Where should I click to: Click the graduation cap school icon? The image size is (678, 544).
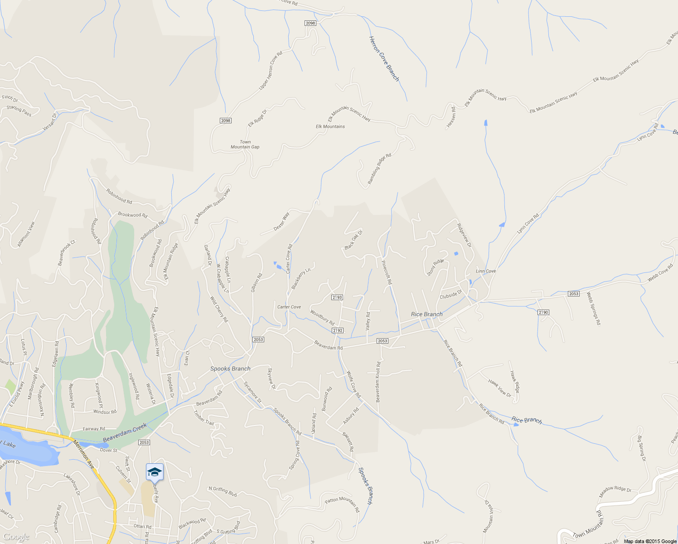point(155,472)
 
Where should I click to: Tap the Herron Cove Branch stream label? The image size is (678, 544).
point(384,59)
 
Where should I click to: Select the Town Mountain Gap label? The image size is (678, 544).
point(245,145)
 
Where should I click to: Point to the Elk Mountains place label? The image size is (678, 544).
point(330,126)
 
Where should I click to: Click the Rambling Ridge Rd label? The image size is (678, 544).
point(379,169)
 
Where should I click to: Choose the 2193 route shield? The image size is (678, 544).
point(337,297)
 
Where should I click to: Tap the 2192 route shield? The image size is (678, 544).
point(338,330)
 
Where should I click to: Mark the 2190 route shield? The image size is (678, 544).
point(543,312)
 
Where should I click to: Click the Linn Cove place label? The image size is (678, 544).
point(486,271)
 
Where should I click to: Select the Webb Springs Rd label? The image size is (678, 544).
point(593,308)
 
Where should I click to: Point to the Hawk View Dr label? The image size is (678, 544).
point(500,389)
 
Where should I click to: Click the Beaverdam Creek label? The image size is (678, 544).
point(125,433)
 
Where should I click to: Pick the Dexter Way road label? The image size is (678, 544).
point(281,222)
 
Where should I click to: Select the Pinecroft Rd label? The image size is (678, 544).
point(386,272)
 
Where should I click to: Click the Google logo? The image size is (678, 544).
point(16,537)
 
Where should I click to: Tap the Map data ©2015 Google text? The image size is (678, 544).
point(650,541)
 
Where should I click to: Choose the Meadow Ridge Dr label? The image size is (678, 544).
point(615,492)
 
